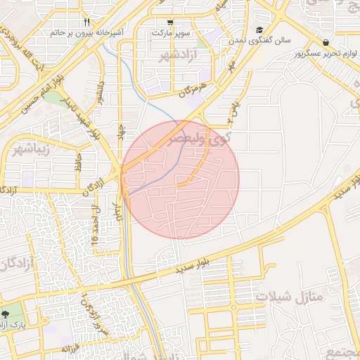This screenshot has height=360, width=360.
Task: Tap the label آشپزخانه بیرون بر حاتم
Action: click(x=86, y=32)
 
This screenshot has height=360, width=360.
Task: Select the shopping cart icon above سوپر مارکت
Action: click(x=171, y=22)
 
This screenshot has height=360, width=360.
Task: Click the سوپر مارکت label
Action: click(x=171, y=32)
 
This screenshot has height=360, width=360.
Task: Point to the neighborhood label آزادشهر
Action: click(x=176, y=55)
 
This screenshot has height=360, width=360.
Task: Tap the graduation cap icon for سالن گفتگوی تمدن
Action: click(x=259, y=30)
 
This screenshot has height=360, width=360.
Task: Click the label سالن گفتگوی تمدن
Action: click(x=259, y=41)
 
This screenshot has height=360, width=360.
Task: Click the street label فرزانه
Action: click(x=72, y=349)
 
